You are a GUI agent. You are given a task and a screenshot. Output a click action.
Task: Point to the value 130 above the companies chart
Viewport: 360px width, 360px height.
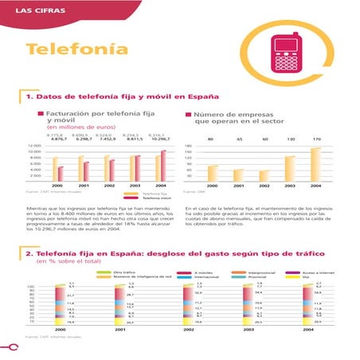click(x=290, y=139)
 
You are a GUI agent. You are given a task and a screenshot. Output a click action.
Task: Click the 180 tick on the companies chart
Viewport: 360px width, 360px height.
click(x=189, y=147)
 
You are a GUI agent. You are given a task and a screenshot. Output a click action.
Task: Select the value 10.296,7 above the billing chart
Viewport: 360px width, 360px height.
click(x=159, y=139)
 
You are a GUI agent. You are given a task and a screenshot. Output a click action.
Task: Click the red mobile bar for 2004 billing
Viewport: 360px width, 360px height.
click(x=163, y=166)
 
